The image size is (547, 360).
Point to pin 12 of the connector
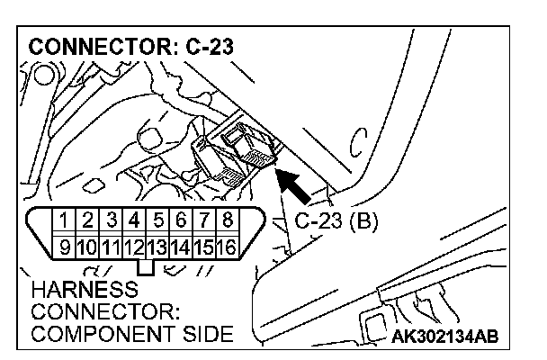point(133,245)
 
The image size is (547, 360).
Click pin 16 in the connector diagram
point(228,245)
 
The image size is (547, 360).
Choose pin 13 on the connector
point(157,245)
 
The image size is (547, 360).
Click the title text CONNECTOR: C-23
point(133,47)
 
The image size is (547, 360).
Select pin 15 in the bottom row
point(204,245)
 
